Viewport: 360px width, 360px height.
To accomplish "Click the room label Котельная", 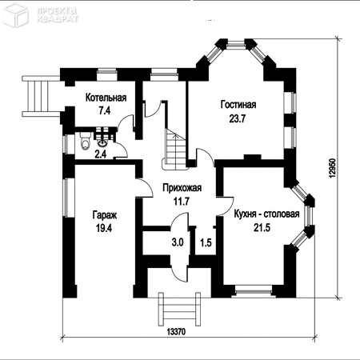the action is [106, 98].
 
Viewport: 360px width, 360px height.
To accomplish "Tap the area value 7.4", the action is [105, 110].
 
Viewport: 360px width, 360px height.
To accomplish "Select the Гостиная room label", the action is [238, 105].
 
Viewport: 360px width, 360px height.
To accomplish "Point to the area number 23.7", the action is [238, 118].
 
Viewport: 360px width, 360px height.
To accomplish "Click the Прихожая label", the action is [182, 188].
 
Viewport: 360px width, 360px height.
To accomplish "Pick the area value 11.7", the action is [182, 202].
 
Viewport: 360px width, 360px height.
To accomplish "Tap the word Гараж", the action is [105, 215].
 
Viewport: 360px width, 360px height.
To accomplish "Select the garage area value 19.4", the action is [104, 228].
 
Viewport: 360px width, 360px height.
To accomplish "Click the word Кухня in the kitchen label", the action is [245, 214].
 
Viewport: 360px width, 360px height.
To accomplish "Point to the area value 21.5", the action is [262, 228].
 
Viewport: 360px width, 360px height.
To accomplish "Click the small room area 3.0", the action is [178, 242].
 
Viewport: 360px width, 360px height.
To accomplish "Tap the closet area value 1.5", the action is [206, 242].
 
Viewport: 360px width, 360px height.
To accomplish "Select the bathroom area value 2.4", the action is [101, 154].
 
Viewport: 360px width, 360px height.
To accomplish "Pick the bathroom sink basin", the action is [103, 142].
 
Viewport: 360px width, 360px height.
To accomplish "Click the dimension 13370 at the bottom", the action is [176, 332].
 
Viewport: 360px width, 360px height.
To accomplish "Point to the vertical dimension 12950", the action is [333, 169].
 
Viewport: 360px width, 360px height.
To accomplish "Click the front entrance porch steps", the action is [179, 309].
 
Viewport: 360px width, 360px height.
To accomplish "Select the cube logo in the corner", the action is [15, 15].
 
